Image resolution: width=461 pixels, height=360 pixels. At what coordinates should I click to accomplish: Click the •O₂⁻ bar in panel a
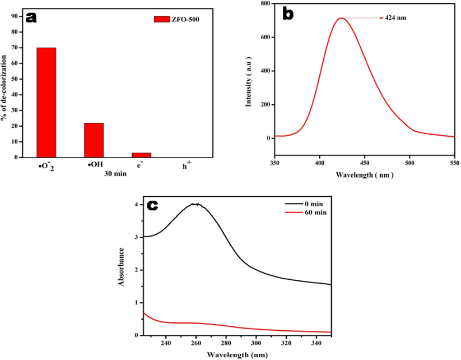pyautogui.click(x=46, y=103)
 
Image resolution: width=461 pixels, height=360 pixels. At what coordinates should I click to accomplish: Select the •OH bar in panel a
pyautogui.click(x=94, y=140)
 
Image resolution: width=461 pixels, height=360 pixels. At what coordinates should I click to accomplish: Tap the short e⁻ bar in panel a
pyautogui.click(x=141, y=154)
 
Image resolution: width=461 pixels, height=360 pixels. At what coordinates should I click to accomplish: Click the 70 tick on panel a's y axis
pyautogui.click(x=15, y=48)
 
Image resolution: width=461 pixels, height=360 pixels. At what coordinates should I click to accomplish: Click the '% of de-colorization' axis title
pyautogui.click(x=5, y=84)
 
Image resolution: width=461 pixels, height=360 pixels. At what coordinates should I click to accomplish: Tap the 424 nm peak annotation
pyautogui.click(x=395, y=18)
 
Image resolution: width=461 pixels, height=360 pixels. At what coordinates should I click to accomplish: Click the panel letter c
pyautogui.click(x=152, y=205)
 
